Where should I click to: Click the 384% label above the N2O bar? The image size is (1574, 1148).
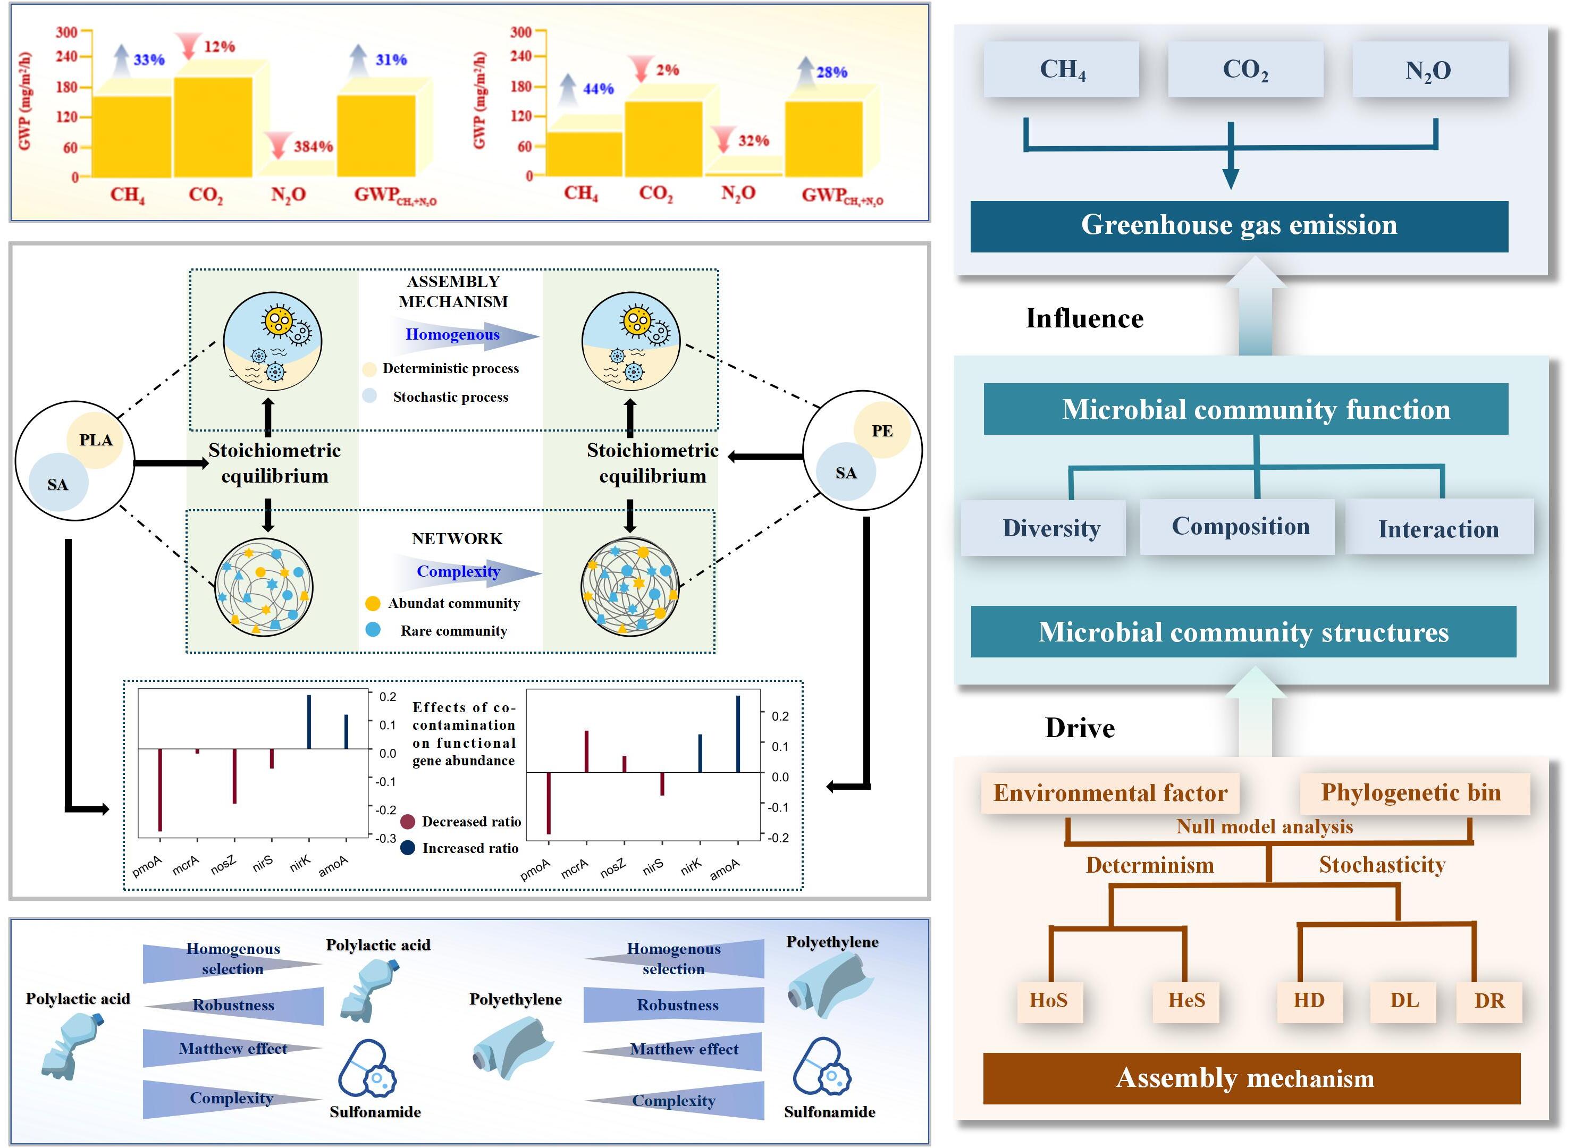(313, 147)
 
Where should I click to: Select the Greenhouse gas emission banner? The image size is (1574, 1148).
(1239, 226)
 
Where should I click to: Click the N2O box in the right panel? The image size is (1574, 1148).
(1429, 70)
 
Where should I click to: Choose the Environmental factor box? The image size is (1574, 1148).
(1110, 793)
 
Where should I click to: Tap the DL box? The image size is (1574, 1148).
(1404, 1001)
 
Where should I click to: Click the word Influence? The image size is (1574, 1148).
(1084, 318)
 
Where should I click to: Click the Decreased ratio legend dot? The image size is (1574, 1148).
(408, 822)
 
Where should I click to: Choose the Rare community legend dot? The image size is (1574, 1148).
(373, 630)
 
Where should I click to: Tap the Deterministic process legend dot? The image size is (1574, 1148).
(369, 369)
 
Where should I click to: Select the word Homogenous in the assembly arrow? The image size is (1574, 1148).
(452, 335)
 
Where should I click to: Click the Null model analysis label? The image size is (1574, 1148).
(1264, 827)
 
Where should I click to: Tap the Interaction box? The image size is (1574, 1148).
(1438, 529)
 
